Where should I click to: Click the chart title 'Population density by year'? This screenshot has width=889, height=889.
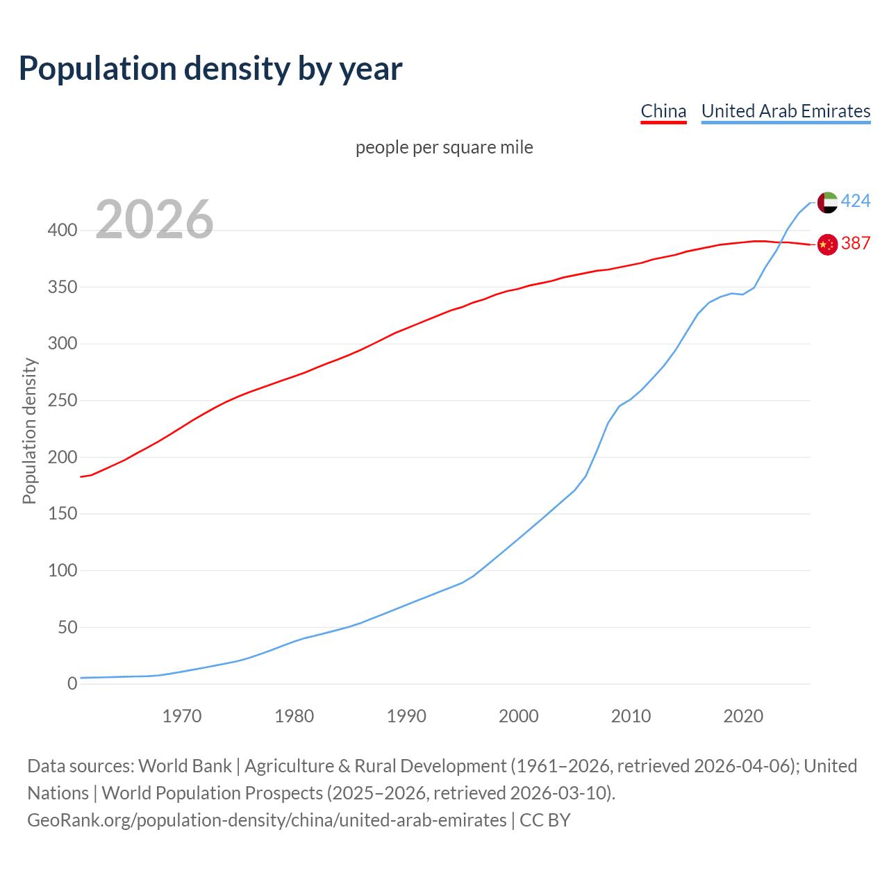pyautogui.click(x=210, y=69)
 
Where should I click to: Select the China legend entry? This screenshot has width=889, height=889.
pyautogui.click(x=663, y=111)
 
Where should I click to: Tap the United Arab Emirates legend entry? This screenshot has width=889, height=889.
pyautogui.click(x=786, y=111)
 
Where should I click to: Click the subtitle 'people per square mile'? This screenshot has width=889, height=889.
pyautogui.click(x=444, y=148)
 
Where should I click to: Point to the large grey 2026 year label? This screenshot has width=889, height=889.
pyautogui.click(x=154, y=220)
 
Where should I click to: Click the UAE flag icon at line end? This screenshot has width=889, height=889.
pyautogui.click(x=827, y=202)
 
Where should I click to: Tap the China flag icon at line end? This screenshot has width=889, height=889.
pyautogui.click(x=827, y=244)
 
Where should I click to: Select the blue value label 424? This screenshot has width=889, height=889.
pyautogui.click(x=856, y=201)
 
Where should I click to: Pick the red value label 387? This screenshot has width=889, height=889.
pyautogui.click(x=856, y=244)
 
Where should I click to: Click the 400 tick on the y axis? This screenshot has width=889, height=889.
pyautogui.click(x=63, y=231)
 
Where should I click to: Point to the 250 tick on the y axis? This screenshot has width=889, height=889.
pyautogui.click(x=63, y=401)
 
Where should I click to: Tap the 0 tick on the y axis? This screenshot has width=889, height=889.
pyautogui.click(x=72, y=684)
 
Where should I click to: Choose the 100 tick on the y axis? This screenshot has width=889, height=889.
pyautogui.click(x=63, y=571)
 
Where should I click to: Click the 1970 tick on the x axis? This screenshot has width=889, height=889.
pyautogui.click(x=182, y=716)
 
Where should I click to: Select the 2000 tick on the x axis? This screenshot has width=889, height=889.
pyautogui.click(x=519, y=716)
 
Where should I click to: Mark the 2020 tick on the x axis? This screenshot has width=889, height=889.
pyautogui.click(x=743, y=716)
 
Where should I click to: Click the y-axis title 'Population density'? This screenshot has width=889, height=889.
pyautogui.click(x=29, y=431)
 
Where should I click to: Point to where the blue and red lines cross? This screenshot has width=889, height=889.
pyautogui.click(x=782, y=242)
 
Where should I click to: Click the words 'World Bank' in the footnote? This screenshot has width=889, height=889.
pyautogui.click(x=185, y=766)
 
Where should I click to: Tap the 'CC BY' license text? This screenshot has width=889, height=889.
pyautogui.click(x=545, y=820)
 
